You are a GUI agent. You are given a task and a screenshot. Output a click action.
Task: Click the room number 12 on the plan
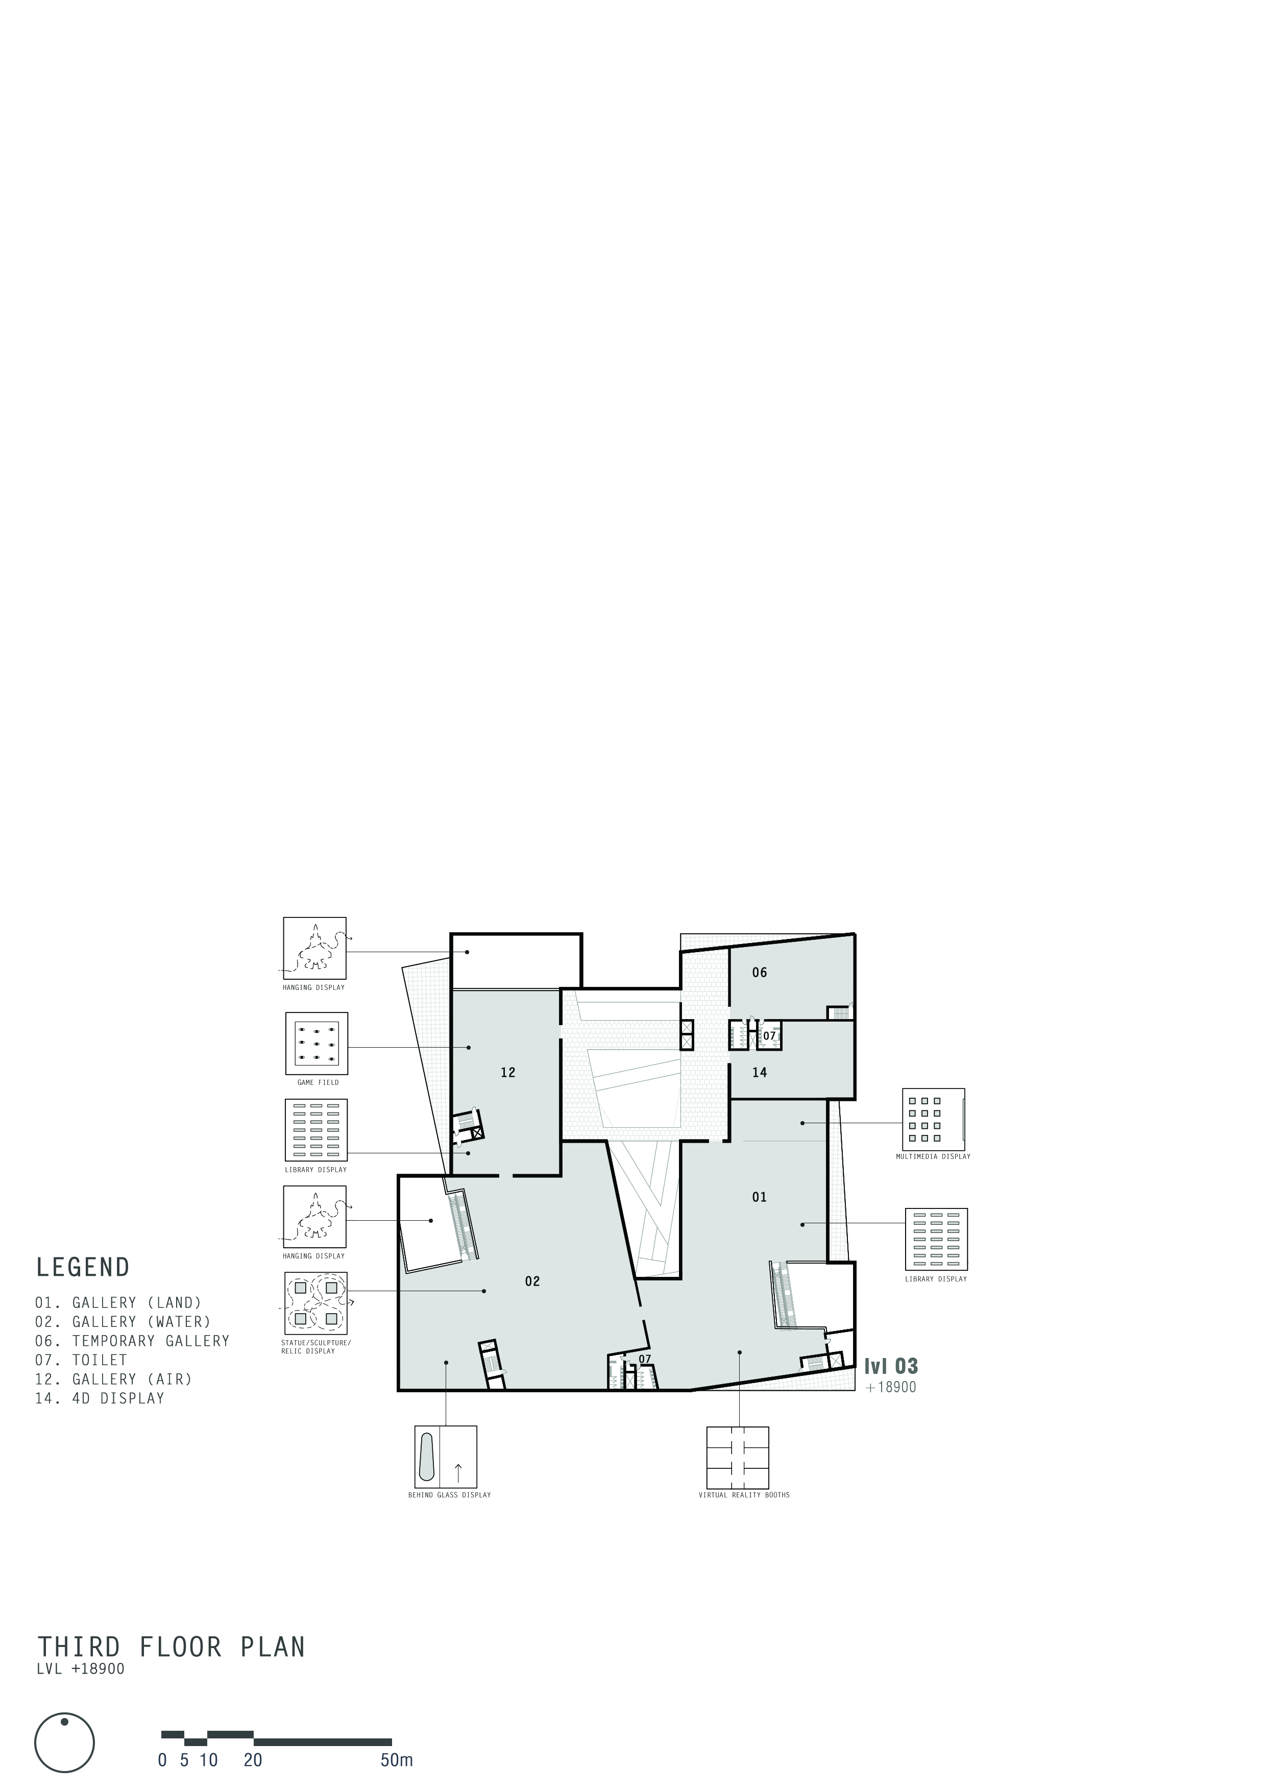coord(508,1073)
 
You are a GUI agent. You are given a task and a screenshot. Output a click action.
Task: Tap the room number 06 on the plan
coord(760,972)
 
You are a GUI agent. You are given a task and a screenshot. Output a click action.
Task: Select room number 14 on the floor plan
coord(760,1073)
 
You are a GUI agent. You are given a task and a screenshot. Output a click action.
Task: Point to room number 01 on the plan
coord(760,1197)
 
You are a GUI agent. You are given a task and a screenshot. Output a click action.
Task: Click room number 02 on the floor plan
coord(532,1281)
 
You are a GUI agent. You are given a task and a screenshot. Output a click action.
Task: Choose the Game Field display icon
coord(316,1044)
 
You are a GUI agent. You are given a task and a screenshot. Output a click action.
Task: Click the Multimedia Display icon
coord(934,1119)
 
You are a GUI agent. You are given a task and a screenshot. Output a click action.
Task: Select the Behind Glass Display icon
coord(446,1457)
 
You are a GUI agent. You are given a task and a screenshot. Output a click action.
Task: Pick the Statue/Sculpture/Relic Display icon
coord(315,1303)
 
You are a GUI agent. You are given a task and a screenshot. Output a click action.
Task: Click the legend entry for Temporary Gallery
coord(133,1341)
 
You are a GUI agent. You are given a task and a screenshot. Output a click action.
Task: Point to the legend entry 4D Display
coord(100,1398)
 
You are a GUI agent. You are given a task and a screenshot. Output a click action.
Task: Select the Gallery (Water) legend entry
coord(123,1321)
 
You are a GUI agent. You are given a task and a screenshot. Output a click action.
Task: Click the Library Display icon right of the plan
coord(936,1240)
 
